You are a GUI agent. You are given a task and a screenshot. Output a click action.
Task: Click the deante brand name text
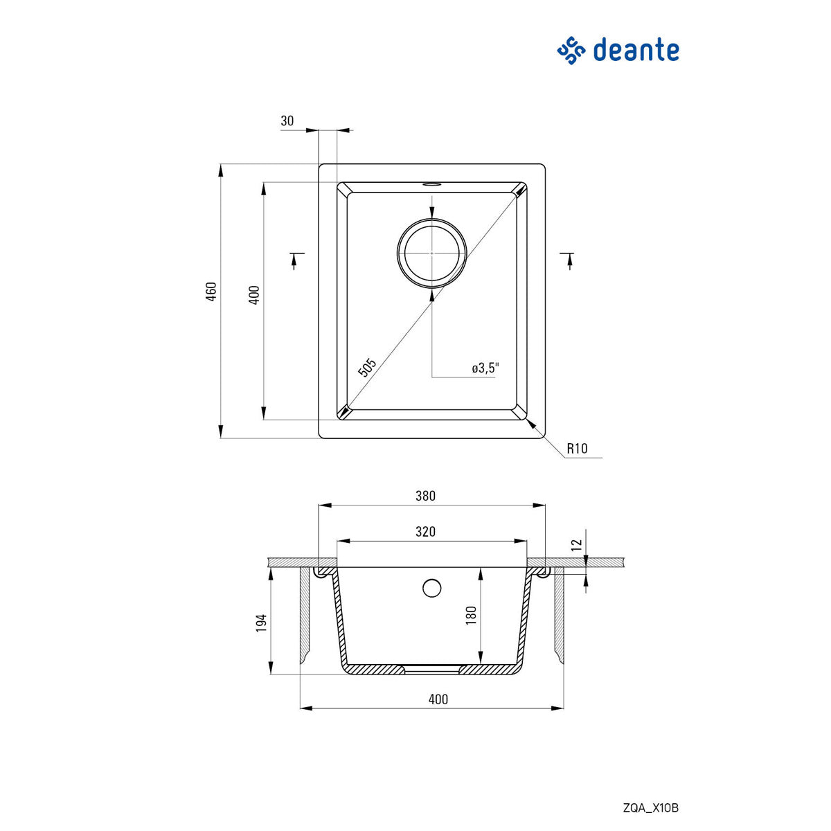[x=636, y=51]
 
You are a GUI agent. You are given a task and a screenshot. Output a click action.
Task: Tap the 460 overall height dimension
[x=212, y=291]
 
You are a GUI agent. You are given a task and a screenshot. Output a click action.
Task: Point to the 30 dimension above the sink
[x=287, y=121]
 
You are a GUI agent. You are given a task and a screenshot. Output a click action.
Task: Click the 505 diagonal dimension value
[x=367, y=367]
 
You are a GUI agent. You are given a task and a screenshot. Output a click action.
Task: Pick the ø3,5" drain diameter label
[x=485, y=368]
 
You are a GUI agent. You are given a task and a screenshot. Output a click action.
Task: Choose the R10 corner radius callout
[x=577, y=449]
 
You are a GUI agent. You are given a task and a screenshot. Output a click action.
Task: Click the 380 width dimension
[x=425, y=496]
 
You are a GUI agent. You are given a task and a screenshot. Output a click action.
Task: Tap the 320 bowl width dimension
[x=425, y=532]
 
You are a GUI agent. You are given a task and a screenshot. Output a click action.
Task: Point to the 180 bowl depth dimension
[x=472, y=616]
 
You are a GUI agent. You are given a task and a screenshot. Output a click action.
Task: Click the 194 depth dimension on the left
[x=261, y=623]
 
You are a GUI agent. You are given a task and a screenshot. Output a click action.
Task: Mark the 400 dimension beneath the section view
[x=438, y=699]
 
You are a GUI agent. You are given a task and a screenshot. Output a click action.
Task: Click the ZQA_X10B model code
[x=651, y=808]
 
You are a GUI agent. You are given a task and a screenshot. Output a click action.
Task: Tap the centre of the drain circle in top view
[x=431, y=253]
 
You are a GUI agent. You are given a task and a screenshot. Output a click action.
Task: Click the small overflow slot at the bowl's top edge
[x=431, y=185]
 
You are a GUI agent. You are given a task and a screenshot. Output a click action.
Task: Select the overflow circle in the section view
[x=431, y=588]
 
